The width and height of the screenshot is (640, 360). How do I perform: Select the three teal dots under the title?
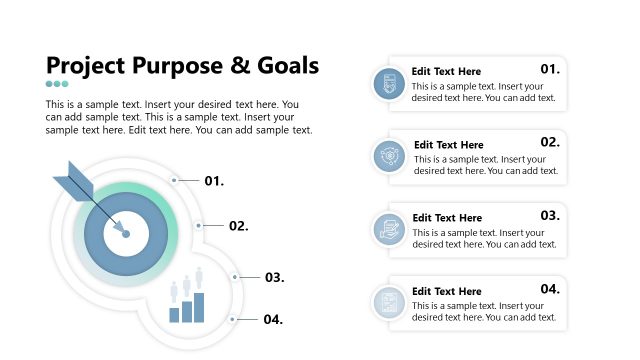[57, 84]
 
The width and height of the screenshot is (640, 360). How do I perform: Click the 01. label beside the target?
[214, 181]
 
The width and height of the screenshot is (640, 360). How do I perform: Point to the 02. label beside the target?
[238, 226]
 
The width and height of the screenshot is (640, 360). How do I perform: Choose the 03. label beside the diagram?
[275, 277]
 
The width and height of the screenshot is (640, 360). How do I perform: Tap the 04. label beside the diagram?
[273, 320]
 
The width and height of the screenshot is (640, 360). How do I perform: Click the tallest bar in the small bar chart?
[199, 307]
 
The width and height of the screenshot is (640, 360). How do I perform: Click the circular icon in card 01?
[388, 84]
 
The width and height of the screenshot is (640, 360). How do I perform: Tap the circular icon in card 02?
[388, 157]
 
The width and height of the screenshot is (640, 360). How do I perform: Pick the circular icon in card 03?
[388, 230]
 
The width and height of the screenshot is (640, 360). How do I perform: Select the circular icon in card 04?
[388, 303]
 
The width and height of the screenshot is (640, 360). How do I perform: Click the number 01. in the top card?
[550, 69]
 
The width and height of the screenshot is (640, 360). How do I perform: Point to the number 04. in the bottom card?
[550, 289]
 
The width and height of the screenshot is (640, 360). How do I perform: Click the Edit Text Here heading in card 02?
[448, 145]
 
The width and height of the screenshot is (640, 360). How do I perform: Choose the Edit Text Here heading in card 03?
[447, 218]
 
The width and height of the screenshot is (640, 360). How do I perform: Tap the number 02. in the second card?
[550, 142]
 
